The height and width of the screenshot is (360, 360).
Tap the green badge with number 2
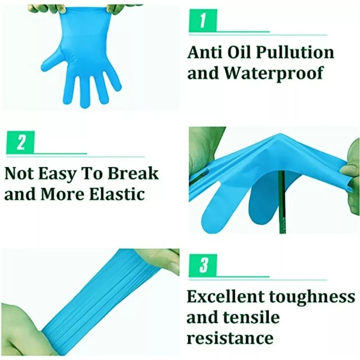coord(21,143)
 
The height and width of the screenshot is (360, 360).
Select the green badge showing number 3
coord(202,265)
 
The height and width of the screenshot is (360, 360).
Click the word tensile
coord(253,317)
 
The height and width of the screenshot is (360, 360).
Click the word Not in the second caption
coord(19,174)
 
